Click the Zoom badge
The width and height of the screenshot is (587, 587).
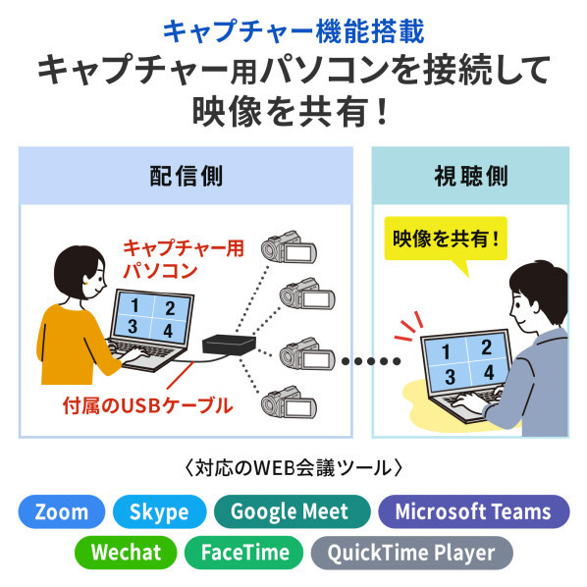click(62, 511)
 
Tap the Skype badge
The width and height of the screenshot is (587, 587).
click(159, 511)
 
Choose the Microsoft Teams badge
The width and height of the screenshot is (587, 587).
click(474, 511)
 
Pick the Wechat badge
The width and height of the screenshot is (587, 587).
click(126, 553)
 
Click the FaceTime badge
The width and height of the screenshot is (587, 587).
click(243, 553)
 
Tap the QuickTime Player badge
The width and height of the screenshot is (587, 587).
click(412, 553)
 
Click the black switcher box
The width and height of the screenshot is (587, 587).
click(229, 345)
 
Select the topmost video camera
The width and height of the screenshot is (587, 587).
click(289, 247)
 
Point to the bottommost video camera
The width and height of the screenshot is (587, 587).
click(289, 402)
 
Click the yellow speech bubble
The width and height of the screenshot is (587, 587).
click(446, 239)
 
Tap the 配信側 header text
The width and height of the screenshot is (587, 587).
click(187, 176)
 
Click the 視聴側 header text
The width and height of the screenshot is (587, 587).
click(471, 176)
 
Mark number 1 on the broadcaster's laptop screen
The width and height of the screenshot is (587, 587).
click(134, 306)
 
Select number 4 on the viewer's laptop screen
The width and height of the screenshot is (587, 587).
click(489, 372)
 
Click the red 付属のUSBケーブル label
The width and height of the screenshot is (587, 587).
click(148, 405)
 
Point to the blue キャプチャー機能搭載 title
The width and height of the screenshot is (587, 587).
click(293, 31)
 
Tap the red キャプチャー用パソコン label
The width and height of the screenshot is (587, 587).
click(184, 259)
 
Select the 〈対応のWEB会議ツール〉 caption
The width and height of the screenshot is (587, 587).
click(293, 468)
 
